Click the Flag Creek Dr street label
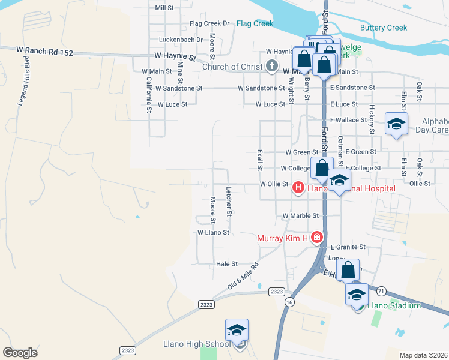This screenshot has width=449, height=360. click(209, 23)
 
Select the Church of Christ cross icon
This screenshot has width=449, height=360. click(271, 66)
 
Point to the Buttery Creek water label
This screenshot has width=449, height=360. click(383, 28)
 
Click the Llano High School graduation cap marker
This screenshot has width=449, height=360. click(237, 330)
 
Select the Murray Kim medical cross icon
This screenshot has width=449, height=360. click(317, 238)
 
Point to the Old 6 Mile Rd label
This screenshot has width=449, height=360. click(243, 276)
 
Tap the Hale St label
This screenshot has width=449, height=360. click(227, 263)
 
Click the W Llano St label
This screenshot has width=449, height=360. click(214, 232)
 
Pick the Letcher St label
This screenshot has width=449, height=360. click(229, 201)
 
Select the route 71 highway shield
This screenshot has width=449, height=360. click(382, 290)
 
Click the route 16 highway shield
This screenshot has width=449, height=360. click(290, 302)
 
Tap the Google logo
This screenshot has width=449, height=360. click(20, 352)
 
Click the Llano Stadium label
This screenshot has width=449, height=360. click(394, 305)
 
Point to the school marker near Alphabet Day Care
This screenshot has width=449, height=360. click(396, 124)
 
